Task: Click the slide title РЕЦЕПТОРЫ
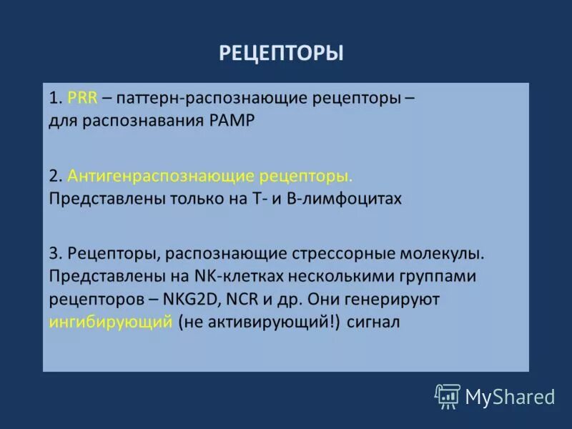pos(281,53)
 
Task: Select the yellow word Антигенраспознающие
pos(150,176)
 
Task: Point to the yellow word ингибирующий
pos(111,321)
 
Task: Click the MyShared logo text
pos(510,396)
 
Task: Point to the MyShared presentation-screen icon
pos(448,396)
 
